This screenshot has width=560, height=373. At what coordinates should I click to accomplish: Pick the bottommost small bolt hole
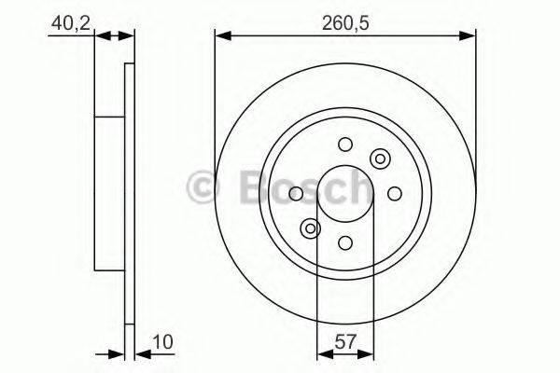pyautogui.click(x=345, y=243)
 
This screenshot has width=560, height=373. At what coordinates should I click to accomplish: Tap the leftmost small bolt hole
pyautogui.click(x=296, y=193)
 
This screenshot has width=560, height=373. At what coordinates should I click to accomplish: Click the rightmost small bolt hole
pyautogui.click(x=395, y=193)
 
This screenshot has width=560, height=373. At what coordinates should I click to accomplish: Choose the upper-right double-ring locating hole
pyautogui.click(x=380, y=159)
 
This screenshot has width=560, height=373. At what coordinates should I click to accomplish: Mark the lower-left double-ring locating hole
pyautogui.click(x=310, y=228)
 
